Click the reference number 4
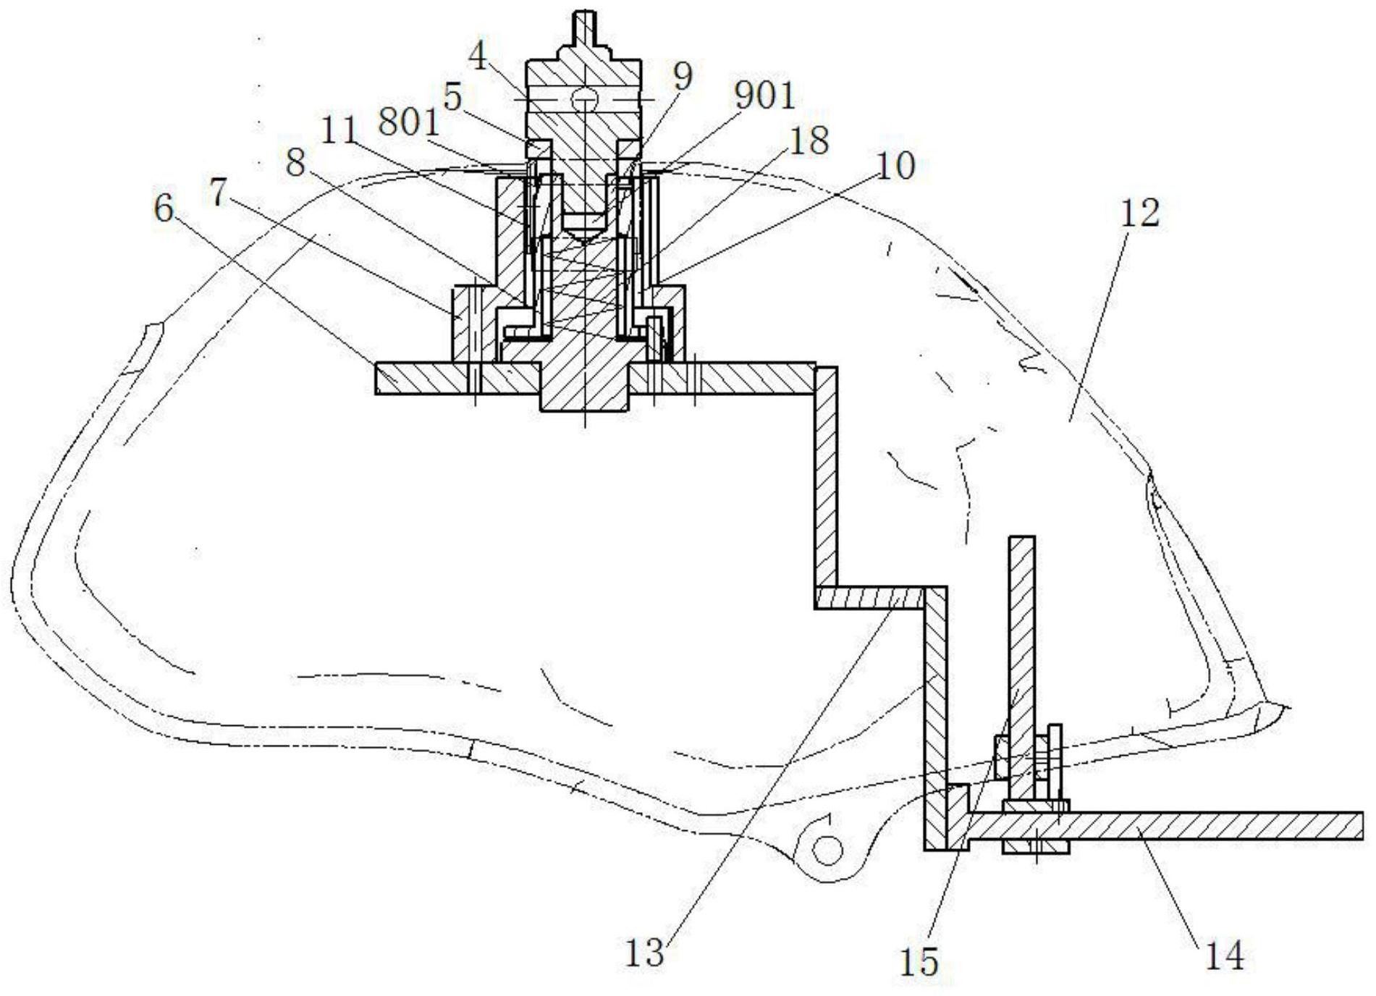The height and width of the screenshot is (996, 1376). pos(478,56)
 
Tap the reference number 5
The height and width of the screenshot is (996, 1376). pos(453,96)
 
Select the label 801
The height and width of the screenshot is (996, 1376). pos(409,123)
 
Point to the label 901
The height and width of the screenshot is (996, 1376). pos(764,95)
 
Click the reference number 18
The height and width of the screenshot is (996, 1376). pos(809,140)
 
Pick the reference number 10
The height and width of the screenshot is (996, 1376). pos(896,165)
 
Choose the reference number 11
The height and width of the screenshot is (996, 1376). pos(339,131)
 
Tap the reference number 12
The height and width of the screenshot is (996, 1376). pos(1139,213)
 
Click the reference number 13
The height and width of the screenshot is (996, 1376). pos(644,953)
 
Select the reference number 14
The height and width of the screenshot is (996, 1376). pos(1224,955)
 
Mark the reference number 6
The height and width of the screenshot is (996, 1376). pos(164,209)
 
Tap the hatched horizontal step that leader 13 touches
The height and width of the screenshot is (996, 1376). pos(869,597)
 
